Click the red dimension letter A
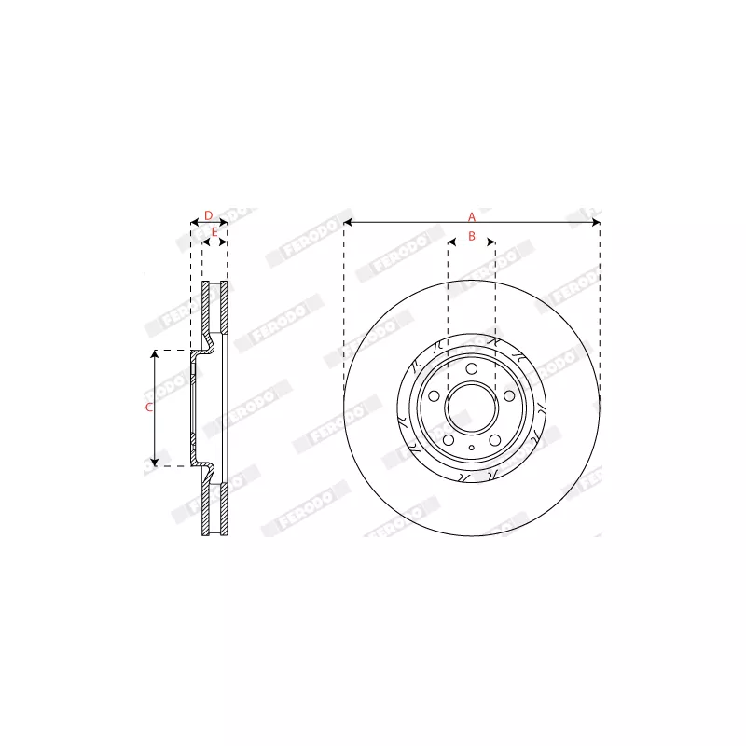(x=472, y=215)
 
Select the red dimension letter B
(x=472, y=236)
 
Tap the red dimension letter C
(x=148, y=408)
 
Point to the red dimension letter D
(x=209, y=215)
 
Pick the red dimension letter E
(x=214, y=231)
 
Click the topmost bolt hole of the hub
(x=472, y=370)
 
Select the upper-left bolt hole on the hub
(x=435, y=397)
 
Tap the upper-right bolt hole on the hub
(x=509, y=397)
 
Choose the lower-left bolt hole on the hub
(x=449, y=440)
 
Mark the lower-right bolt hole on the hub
(x=495, y=440)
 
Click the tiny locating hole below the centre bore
(x=472, y=449)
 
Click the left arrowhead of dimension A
(x=347, y=223)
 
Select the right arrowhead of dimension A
(x=597, y=223)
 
